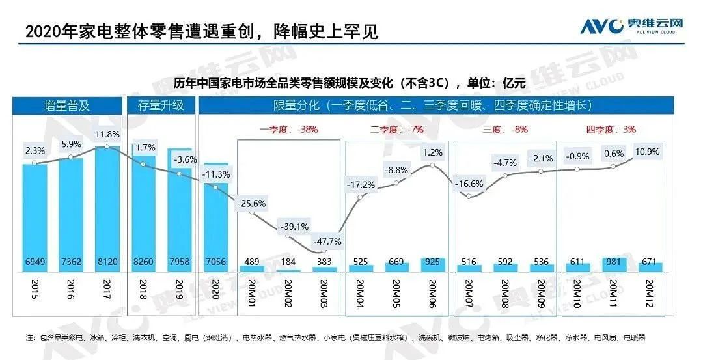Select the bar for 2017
pyautogui.click(x=107, y=208)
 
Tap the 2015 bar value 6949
pyautogui.click(x=35, y=260)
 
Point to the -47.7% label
pyautogui.click(x=324, y=242)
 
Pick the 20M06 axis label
pyautogui.click(x=432, y=295)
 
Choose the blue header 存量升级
pyautogui.click(x=160, y=105)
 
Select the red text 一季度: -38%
pyautogui.click(x=289, y=129)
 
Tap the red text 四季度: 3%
pyautogui.click(x=611, y=129)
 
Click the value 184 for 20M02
pyautogui.click(x=288, y=260)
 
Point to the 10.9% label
pyautogui.click(x=648, y=152)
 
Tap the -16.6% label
pyautogui.click(x=470, y=184)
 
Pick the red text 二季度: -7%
pyautogui.click(x=396, y=129)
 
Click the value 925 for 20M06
pyautogui.click(x=432, y=260)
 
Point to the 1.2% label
pyautogui.click(x=432, y=152)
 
